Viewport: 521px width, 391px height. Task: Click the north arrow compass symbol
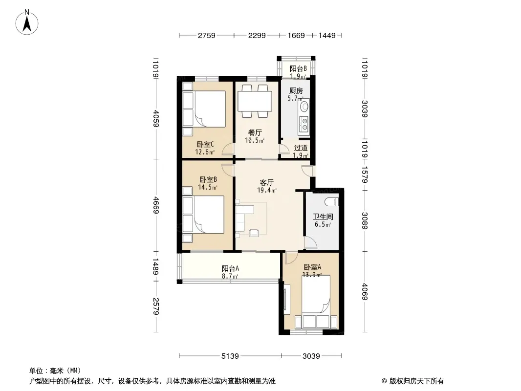[x=26, y=22]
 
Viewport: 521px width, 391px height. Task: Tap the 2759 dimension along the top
[x=207, y=35]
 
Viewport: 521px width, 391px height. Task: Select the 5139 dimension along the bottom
[x=230, y=356]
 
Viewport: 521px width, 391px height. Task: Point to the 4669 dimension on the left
[x=156, y=206]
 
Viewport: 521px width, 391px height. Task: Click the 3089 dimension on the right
[x=365, y=220]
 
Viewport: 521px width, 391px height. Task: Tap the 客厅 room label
[x=266, y=182]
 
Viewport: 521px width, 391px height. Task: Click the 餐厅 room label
[x=255, y=133]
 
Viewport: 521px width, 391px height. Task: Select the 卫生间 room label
[x=323, y=217]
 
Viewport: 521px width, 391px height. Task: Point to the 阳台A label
[x=230, y=268]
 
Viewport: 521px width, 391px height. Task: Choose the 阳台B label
[x=298, y=69]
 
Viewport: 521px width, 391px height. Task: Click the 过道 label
[x=301, y=148]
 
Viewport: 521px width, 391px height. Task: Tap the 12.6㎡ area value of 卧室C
[x=205, y=152]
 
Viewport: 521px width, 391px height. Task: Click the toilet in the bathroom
[x=331, y=201]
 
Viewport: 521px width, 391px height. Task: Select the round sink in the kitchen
[x=304, y=107]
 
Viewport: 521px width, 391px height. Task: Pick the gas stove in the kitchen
[x=304, y=124]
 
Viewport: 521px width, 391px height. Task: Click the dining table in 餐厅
[x=255, y=101]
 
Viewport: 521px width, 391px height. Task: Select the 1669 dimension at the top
[x=296, y=35]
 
